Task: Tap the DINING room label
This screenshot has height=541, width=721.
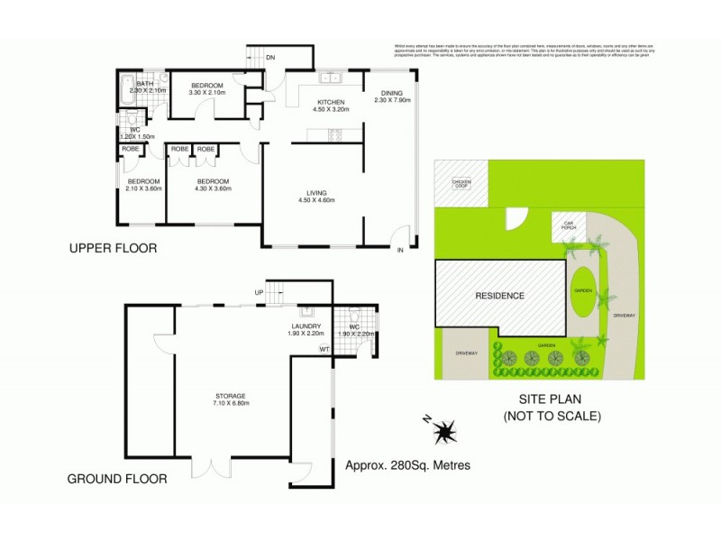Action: point(391,92)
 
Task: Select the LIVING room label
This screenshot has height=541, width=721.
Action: point(315,192)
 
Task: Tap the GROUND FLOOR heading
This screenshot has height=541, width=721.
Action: point(117,479)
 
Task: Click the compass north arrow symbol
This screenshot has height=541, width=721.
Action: point(443,434)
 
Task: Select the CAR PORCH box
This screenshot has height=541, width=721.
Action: point(569,225)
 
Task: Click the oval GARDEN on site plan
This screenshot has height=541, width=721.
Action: point(580,291)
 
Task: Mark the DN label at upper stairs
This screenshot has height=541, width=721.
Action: point(269,58)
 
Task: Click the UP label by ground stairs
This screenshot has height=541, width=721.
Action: point(260,293)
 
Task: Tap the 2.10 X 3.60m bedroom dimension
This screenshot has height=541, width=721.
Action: point(143,188)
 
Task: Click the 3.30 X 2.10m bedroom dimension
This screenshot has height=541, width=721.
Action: point(206,93)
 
